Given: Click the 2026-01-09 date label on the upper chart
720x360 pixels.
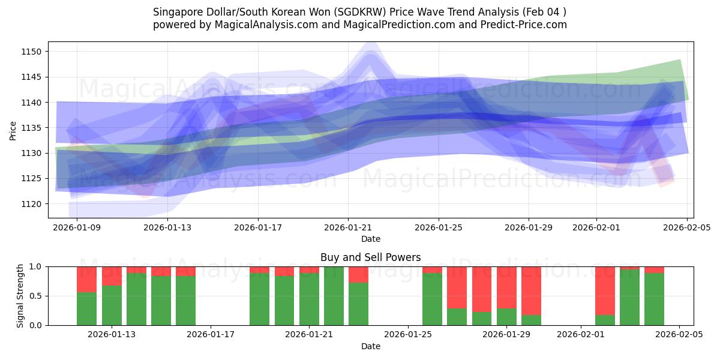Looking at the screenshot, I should (x=77, y=227).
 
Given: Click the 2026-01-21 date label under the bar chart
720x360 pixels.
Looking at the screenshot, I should (x=309, y=334).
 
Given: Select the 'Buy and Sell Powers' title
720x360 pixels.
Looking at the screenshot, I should (x=370, y=257).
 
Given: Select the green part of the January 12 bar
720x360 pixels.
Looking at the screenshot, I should (x=87, y=308).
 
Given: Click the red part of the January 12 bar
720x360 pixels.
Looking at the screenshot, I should (x=87, y=279).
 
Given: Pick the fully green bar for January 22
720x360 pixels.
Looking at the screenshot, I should (x=334, y=295).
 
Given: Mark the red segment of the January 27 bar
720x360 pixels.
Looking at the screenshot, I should (x=457, y=287).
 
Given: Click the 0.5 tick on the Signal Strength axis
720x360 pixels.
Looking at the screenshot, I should (x=35, y=296).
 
